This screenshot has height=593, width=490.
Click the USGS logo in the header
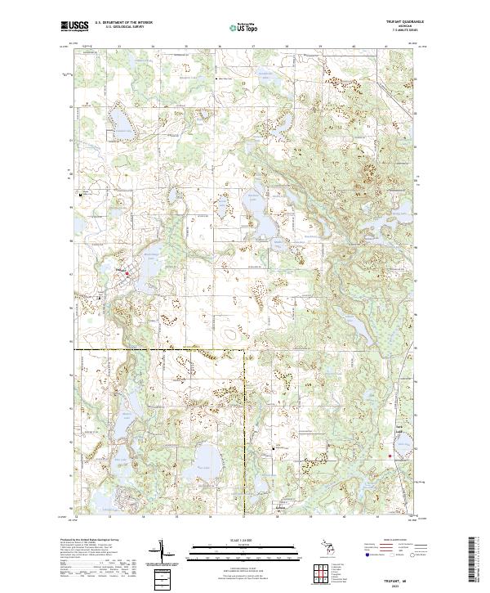pos(74,26)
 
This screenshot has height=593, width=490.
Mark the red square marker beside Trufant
pos(127,273)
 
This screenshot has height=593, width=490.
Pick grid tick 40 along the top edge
pos(353,46)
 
